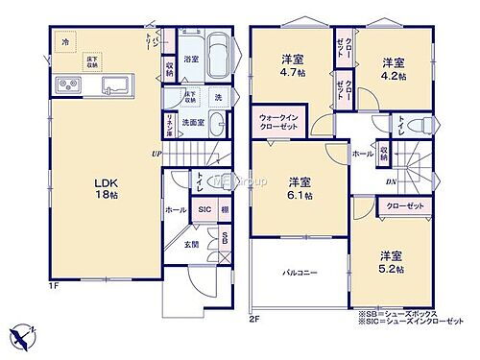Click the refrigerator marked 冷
pyautogui.click(x=64, y=43)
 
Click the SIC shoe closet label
pyautogui.click(x=204, y=208)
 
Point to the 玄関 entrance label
pyautogui.click(x=192, y=244)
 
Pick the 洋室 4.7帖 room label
pyautogui.click(x=292, y=63)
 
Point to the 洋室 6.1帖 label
pyautogui.click(x=300, y=187)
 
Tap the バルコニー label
pyautogui.click(x=300, y=273)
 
